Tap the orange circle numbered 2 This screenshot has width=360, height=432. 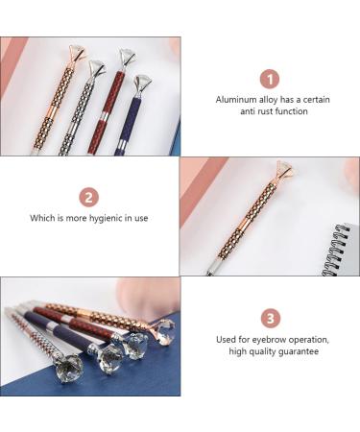(x=88, y=198)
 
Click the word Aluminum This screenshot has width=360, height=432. (x=238, y=99)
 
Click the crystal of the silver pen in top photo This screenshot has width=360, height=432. (x=97, y=69)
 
